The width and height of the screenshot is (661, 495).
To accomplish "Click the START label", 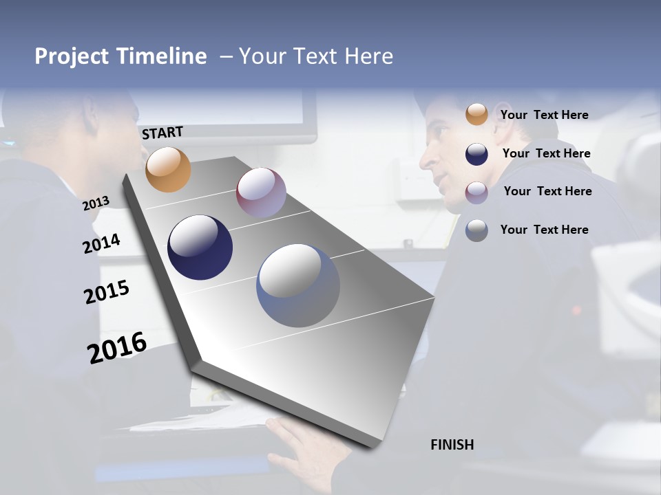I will coord(162,133).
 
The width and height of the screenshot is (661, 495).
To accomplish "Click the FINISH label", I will coord(452,445).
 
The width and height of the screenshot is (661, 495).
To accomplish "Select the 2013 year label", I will coord(96,203).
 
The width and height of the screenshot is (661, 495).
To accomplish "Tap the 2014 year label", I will coord(101,244).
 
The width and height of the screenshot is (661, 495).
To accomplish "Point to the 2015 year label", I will coord(107,292).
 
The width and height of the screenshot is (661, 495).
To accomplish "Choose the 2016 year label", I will coord(117,348).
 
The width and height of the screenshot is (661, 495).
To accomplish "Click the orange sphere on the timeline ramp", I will coord(169,170).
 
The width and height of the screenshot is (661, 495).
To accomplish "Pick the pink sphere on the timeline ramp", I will coord(261,192).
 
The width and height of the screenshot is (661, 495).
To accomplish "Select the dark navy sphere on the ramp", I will coord(200,247).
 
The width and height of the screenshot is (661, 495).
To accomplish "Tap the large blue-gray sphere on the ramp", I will coord(298,285).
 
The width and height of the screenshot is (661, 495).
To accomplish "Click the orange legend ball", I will coord(476,115).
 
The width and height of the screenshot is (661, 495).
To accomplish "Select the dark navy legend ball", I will coord(476,154).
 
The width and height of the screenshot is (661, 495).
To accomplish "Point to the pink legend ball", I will coord(476,192).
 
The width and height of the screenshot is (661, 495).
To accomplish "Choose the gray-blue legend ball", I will coord(476,230).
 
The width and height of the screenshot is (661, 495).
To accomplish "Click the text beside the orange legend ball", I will coord(544,115).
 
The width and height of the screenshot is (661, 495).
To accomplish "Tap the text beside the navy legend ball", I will coord(546,153).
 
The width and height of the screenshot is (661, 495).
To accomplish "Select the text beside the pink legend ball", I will coord(547,191).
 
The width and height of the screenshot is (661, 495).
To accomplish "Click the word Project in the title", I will coord(72,56).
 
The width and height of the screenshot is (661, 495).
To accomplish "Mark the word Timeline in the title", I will coord(161,56).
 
